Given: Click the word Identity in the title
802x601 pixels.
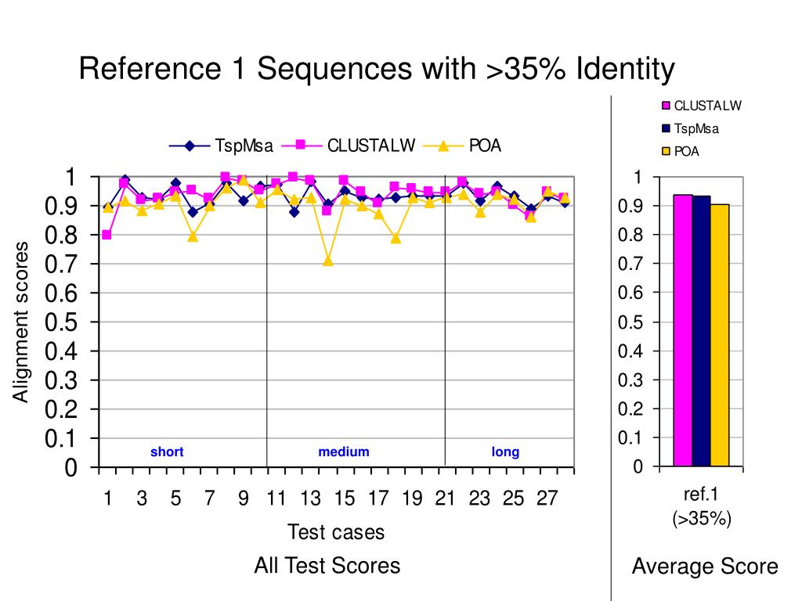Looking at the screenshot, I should click(x=624, y=70).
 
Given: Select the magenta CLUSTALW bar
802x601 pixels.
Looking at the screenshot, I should click(x=682, y=329).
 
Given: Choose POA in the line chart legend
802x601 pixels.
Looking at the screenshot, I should click(x=485, y=146).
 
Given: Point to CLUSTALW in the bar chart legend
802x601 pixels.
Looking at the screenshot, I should click(x=707, y=106).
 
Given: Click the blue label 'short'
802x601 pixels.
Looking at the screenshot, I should click(x=167, y=452).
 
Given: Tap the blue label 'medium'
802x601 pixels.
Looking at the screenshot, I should click(x=344, y=452).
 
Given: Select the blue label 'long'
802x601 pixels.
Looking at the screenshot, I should click(x=505, y=452).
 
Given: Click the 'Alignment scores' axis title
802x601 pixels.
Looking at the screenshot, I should click(x=21, y=322).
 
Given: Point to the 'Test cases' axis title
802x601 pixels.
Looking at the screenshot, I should click(x=336, y=533).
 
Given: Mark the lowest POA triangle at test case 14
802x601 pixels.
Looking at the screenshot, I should click(x=327, y=261).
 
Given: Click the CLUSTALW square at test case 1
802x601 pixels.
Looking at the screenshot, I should click(x=107, y=235).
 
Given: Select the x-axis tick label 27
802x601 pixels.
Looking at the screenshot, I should click(x=547, y=498).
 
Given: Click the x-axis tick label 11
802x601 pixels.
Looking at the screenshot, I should click(x=276, y=498).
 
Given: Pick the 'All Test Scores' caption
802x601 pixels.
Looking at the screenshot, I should click(x=327, y=566).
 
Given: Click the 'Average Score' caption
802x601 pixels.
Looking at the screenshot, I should click(x=705, y=567).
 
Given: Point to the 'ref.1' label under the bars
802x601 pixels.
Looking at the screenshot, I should click(x=701, y=495).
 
